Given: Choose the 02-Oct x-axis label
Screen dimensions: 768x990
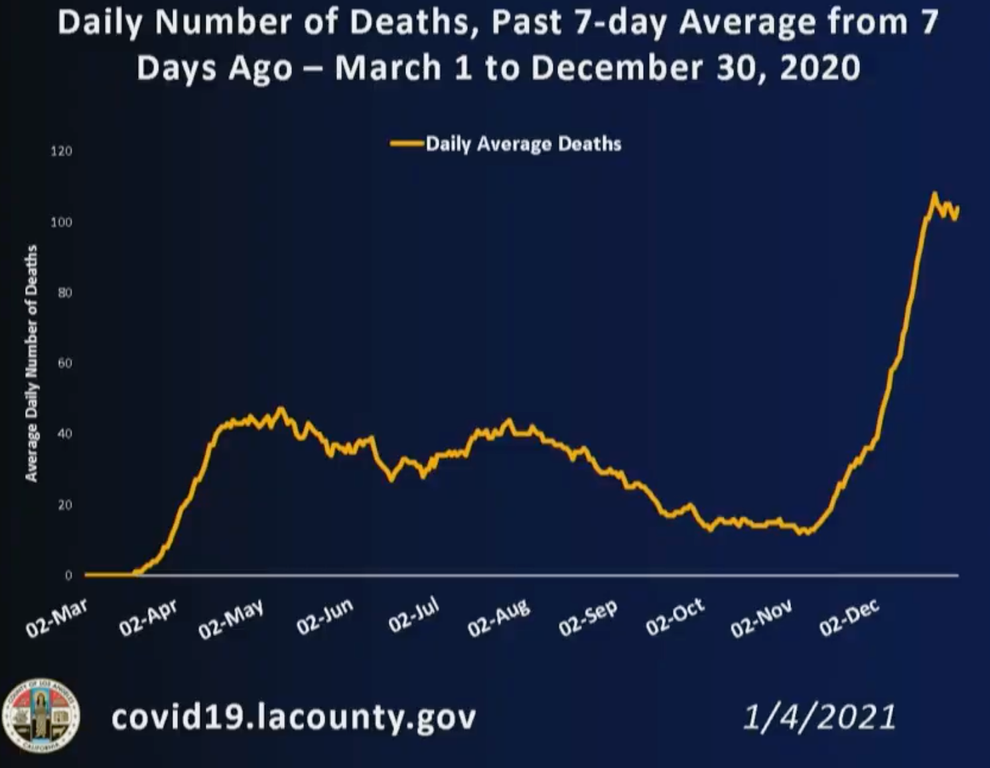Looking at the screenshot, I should click(x=675, y=617).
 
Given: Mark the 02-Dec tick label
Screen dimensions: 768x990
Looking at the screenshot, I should click(x=849, y=617).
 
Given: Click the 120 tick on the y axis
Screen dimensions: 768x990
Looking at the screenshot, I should click(x=61, y=151).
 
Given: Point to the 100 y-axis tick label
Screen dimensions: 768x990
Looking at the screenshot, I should click(x=61, y=222).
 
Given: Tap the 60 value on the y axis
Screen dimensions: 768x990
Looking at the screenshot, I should click(x=64, y=363).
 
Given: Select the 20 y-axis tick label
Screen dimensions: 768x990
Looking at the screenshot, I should click(x=64, y=505).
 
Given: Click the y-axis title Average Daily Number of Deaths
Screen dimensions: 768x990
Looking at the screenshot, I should click(x=31, y=363).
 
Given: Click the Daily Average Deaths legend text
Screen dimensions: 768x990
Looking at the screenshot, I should click(x=524, y=144).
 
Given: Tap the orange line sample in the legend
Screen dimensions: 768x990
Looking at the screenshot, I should click(x=407, y=143).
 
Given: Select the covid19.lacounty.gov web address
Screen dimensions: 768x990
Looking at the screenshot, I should click(x=293, y=716).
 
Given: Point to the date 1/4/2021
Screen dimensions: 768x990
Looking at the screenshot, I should click(x=819, y=717).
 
